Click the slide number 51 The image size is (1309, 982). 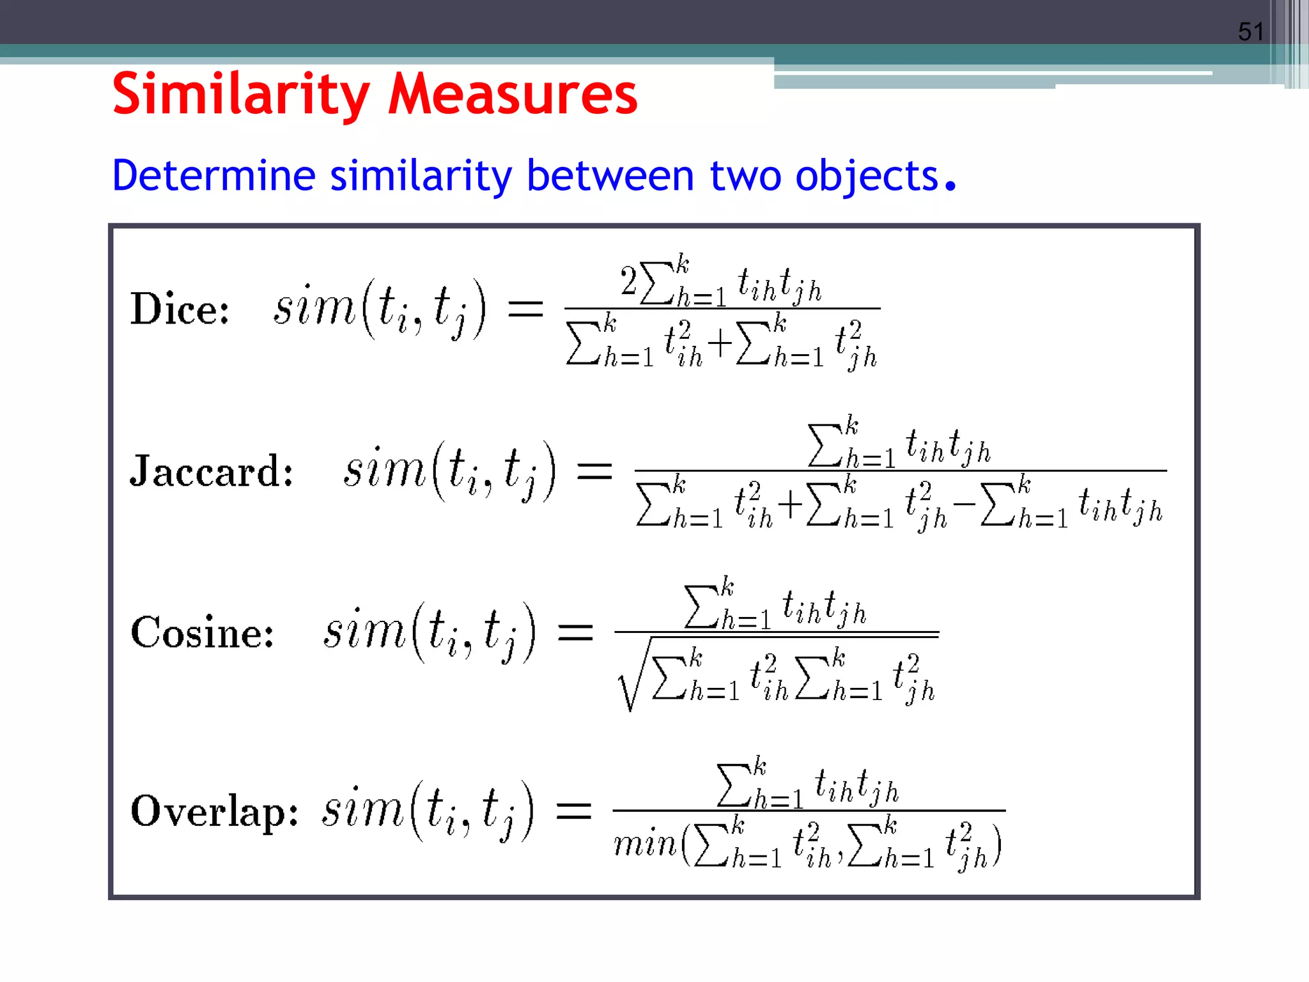click(x=1251, y=31)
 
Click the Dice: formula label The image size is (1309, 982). click(x=180, y=309)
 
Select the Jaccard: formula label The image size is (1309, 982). click(x=212, y=471)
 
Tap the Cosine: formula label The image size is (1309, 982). click(x=202, y=633)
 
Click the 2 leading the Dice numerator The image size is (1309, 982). click(x=629, y=281)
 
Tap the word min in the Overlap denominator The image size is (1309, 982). click(x=644, y=844)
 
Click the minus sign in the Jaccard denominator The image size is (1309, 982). click(x=964, y=504)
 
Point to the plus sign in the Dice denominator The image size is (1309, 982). click(x=720, y=343)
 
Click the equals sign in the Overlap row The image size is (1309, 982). click(x=573, y=812)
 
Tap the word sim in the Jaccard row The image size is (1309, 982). click(x=384, y=470)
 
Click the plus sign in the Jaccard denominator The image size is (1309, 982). click(x=790, y=504)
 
